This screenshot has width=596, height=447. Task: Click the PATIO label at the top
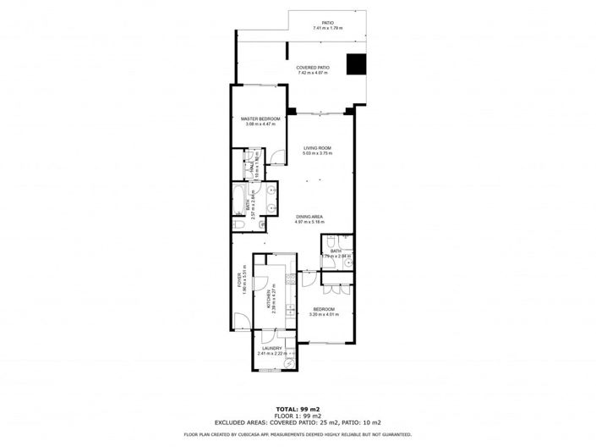pyautogui.click(x=327, y=23)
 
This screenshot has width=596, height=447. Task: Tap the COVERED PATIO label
pyautogui.click(x=312, y=67)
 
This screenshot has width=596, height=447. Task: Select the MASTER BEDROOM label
pyautogui.click(x=260, y=119)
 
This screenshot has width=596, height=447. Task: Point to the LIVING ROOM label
pyautogui.click(x=319, y=149)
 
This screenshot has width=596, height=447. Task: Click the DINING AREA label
pyautogui.click(x=310, y=217)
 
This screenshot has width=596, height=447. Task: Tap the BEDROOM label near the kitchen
pyautogui.click(x=325, y=309)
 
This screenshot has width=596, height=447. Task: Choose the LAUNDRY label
pyautogui.click(x=271, y=348)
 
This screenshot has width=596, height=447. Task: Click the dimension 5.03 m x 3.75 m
pyautogui.click(x=319, y=155)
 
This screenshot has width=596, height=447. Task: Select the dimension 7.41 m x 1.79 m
pyautogui.click(x=327, y=29)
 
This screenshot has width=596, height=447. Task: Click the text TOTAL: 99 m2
pyautogui.click(x=298, y=409)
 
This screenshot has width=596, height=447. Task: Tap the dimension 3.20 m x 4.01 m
pyautogui.click(x=325, y=315)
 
